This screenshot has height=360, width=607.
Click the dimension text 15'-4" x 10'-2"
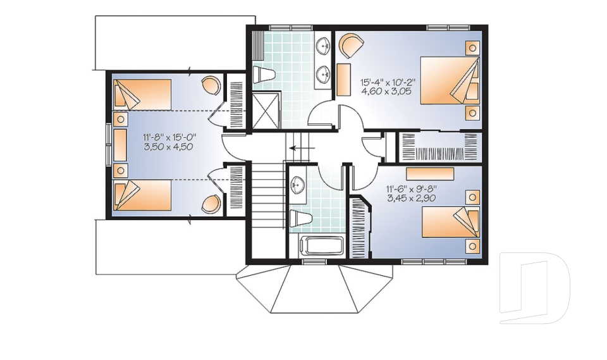pyautogui.click(x=388, y=82)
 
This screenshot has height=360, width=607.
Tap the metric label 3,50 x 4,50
pyautogui.click(x=167, y=146)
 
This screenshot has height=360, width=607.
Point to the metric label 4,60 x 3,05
pyautogui.click(x=388, y=92)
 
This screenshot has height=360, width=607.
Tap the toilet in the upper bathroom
pyautogui.click(x=264, y=75)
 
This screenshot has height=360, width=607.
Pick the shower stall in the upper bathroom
pyautogui.click(x=267, y=108)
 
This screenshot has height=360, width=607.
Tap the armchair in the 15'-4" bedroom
pyautogui.click(x=351, y=46)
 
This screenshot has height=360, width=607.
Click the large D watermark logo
pyautogui.click(x=534, y=288)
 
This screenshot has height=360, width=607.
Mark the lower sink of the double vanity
pyautogui.click(x=324, y=75)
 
